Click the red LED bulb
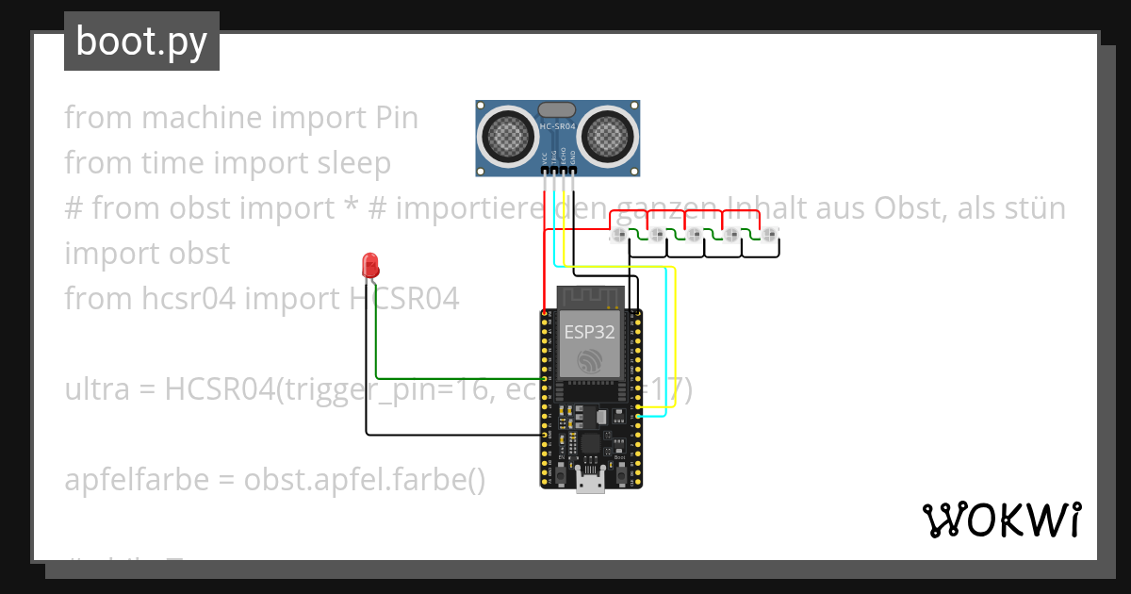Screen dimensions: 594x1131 pyautogui.click(x=370, y=263)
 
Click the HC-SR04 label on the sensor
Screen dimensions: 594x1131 pyautogui.click(x=559, y=126)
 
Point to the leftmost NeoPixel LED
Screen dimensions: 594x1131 pyautogui.click(x=619, y=235)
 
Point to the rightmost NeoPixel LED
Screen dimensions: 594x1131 pyautogui.click(x=770, y=235)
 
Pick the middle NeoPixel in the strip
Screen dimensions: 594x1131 pyautogui.click(x=695, y=235)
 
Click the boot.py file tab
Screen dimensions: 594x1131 pyautogui.click(x=141, y=41)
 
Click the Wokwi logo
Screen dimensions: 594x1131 pyautogui.click(x=1001, y=520)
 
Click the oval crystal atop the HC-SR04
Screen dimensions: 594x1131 pyautogui.click(x=558, y=110)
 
